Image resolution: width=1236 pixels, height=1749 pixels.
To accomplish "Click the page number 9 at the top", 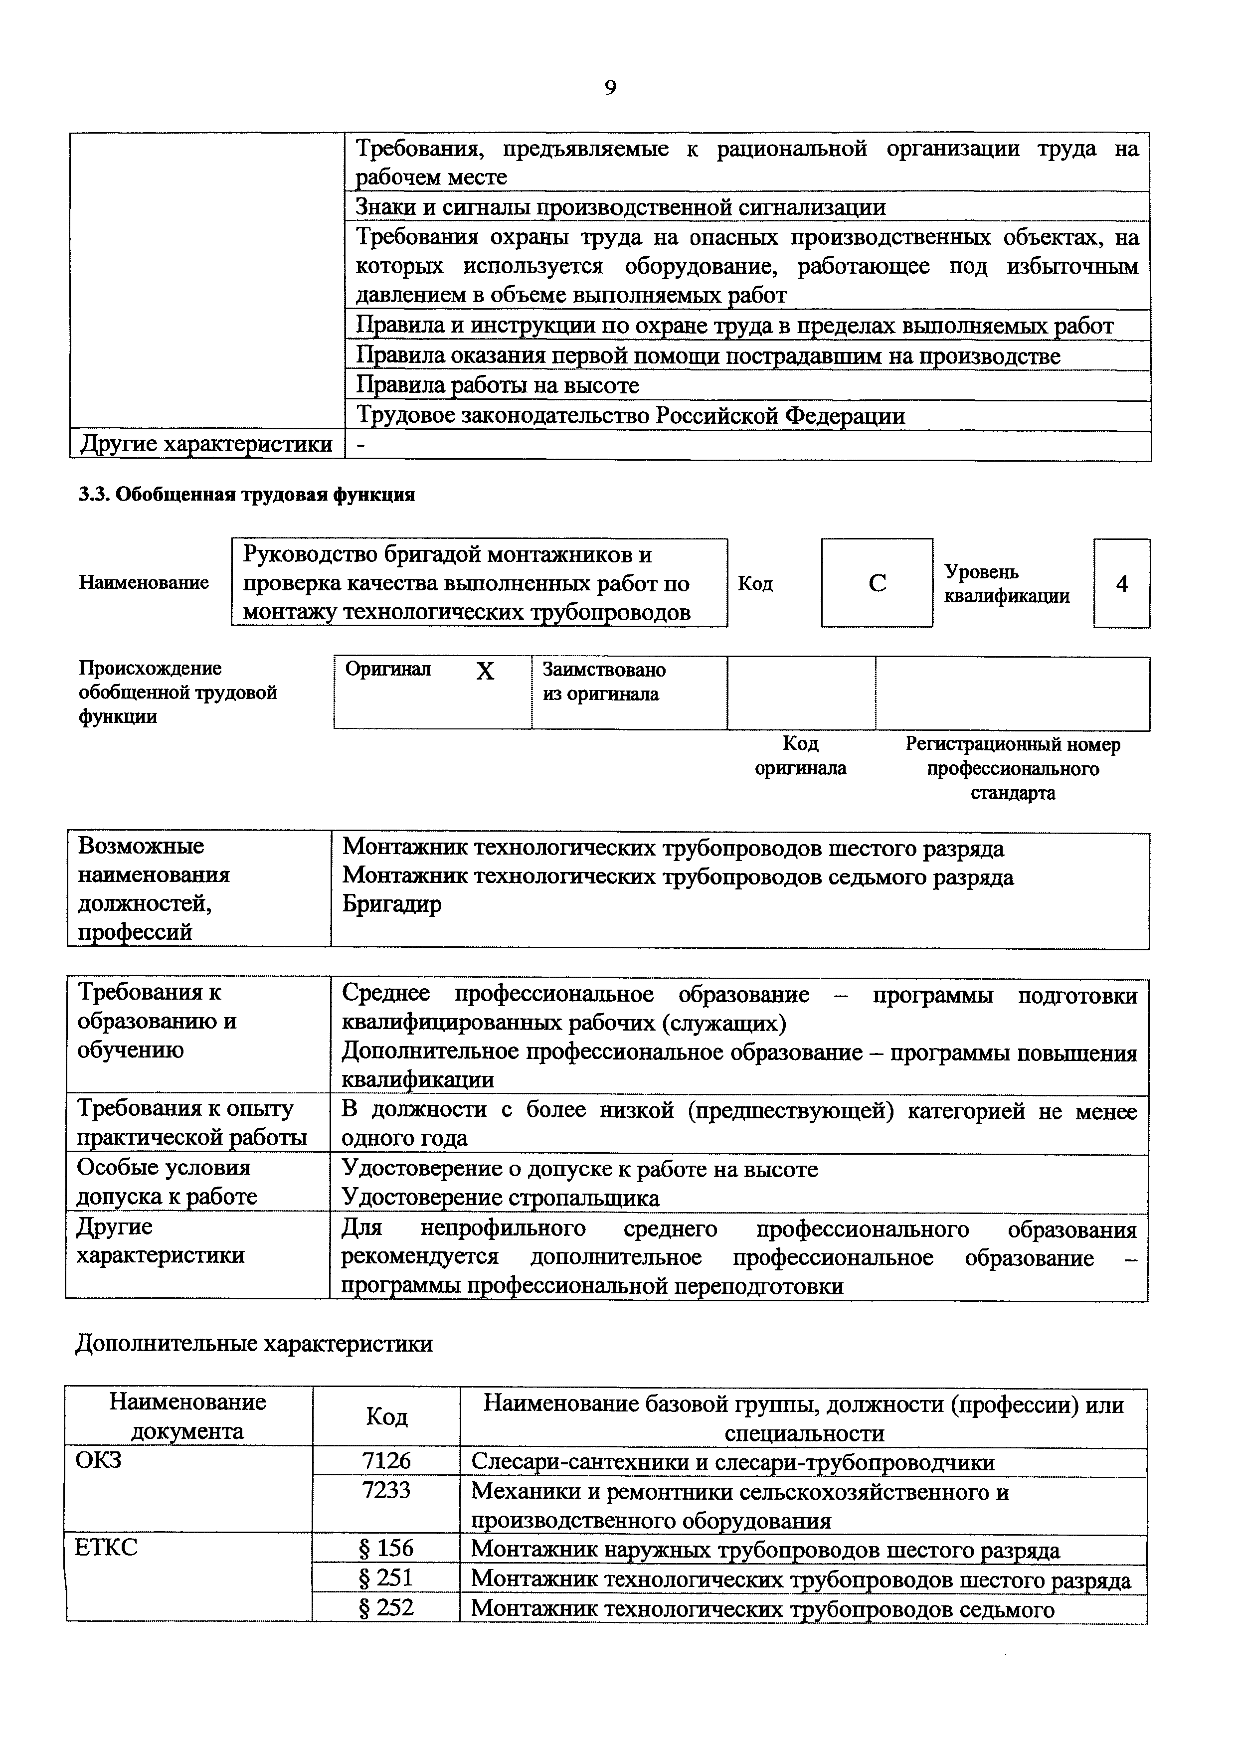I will point(610,88).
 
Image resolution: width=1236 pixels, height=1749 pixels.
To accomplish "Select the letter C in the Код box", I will point(878,583).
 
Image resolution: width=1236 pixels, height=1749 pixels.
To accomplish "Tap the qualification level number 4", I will point(1122,583).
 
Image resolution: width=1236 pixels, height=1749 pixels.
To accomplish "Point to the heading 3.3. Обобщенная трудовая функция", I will point(247,495).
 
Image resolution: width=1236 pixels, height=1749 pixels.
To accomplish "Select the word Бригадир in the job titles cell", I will point(391,905).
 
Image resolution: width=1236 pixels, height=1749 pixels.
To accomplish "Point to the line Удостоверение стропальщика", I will point(501,1198).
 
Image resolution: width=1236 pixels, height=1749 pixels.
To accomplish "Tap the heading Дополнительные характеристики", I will point(254,1343).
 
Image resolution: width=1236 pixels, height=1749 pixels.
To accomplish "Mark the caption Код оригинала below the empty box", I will point(800,756).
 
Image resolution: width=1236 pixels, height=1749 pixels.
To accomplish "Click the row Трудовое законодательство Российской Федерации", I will point(631,416).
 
